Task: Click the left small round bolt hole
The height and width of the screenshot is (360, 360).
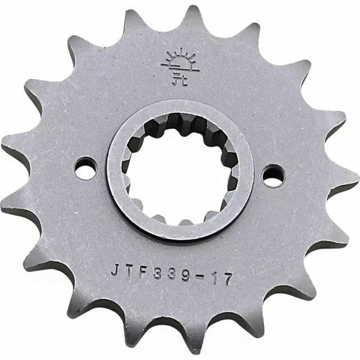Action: click(x=85, y=168)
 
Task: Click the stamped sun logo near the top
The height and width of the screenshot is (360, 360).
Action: click(x=179, y=66)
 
